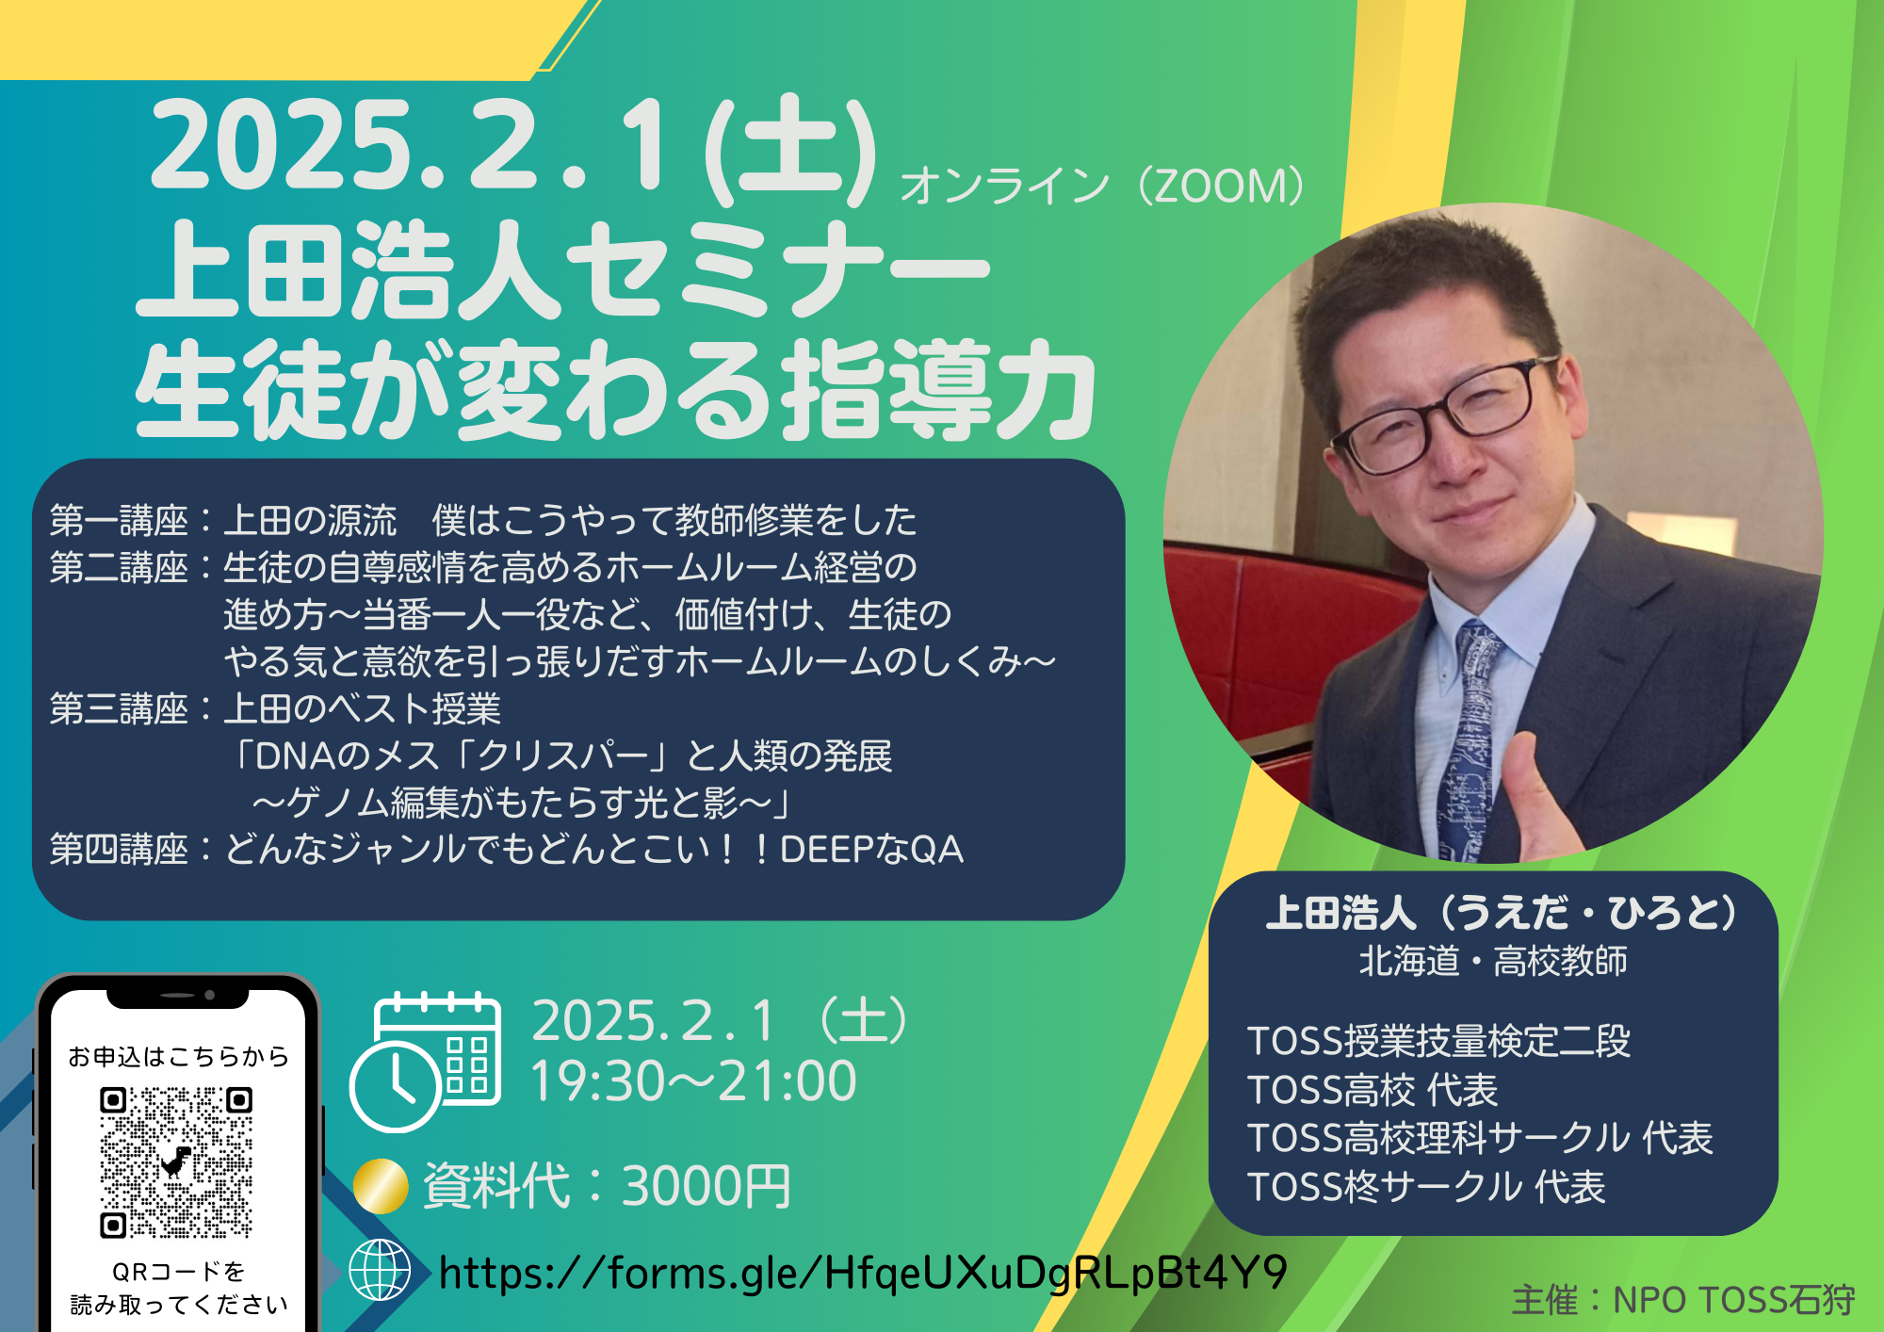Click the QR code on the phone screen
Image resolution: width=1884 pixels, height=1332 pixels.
pyautogui.click(x=176, y=1162)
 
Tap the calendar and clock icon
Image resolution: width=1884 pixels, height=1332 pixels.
pyautogui.click(x=426, y=1061)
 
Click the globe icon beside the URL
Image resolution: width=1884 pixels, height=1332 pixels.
pyautogui.click(x=380, y=1270)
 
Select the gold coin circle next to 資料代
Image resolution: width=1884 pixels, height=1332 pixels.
pyautogui.click(x=381, y=1185)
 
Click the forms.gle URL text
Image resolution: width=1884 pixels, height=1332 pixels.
pyautogui.click(x=862, y=1273)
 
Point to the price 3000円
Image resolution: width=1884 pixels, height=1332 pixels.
pyautogui.click(x=706, y=1186)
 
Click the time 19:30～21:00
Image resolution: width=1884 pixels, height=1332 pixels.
pyautogui.click(x=693, y=1081)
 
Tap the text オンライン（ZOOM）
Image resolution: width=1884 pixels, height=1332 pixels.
pyautogui.click(x=1102, y=186)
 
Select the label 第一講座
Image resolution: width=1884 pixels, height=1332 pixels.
pyautogui.click(x=119, y=520)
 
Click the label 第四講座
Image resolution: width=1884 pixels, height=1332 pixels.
pyautogui.click(x=119, y=849)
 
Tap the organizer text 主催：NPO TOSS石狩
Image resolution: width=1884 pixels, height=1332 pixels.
pyautogui.click(x=1682, y=1300)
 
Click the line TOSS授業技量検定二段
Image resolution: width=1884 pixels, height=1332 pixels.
pyautogui.click(x=1438, y=1041)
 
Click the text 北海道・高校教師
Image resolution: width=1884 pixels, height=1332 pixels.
pyautogui.click(x=1493, y=961)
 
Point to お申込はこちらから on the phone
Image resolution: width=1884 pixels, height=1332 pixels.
pyautogui.click(x=178, y=1056)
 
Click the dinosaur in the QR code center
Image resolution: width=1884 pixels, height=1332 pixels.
pyautogui.click(x=176, y=1162)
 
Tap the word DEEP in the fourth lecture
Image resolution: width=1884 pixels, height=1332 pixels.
pyautogui.click(x=826, y=850)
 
